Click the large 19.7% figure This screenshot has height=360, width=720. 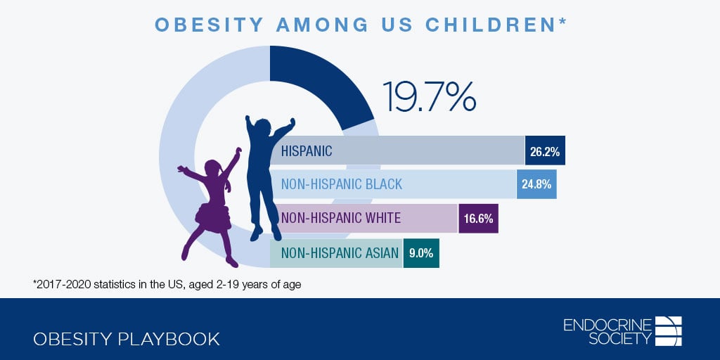click(x=429, y=96)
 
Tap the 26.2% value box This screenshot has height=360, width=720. click(x=545, y=150)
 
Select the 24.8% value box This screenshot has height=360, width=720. click(x=536, y=184)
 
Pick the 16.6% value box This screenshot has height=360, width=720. click(x=478, y=218)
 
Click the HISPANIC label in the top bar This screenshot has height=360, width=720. click(x=307, y=150)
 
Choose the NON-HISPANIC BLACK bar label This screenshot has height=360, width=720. click(x=342, y=184)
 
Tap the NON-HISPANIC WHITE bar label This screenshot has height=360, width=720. click(x=341, y=218)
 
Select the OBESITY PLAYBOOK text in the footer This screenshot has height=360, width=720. click(x=127, y=339)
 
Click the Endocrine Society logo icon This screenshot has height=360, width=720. click(x=668, y=330)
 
